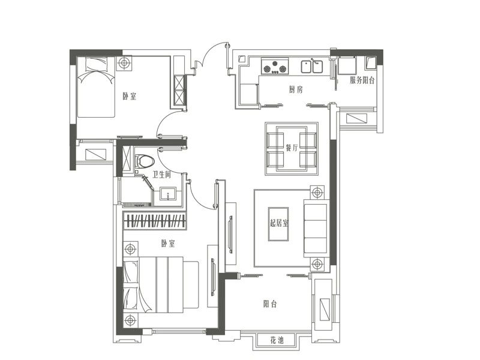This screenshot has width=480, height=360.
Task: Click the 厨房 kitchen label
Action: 296,89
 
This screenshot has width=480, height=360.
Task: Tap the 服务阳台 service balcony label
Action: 362,80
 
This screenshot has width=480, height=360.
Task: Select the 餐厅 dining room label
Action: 292,148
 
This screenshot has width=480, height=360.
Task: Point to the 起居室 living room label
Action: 279,223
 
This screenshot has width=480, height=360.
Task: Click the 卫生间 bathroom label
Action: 161,175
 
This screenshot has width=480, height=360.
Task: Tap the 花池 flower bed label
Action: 277,340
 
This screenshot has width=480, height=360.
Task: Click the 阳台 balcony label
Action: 270,304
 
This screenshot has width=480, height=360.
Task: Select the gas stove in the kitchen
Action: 275,67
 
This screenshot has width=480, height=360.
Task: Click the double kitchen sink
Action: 311,67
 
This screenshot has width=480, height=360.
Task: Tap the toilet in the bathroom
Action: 144,161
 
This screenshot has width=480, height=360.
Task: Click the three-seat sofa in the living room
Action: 316,228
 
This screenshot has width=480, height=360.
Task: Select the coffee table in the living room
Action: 278,224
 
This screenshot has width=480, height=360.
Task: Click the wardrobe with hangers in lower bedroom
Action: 154,220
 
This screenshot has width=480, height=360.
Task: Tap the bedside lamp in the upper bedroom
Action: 124,64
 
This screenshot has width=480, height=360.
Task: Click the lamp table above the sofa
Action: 317,193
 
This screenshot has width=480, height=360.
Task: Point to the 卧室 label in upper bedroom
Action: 130,97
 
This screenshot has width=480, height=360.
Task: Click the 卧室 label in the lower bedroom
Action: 168,244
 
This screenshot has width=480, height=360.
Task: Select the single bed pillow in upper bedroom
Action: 97,64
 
